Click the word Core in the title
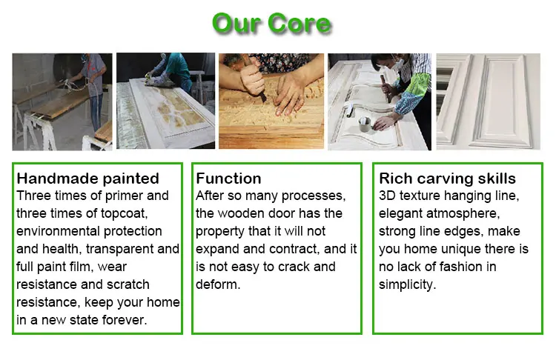coord(299,24)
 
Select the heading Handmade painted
coord(87,179)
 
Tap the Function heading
coord(228,179)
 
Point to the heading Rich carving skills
coord(447,179)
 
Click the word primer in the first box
coord(124,196)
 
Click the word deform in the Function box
coord(218,284)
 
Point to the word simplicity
coord(407,285)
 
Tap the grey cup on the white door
coord(365,124)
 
